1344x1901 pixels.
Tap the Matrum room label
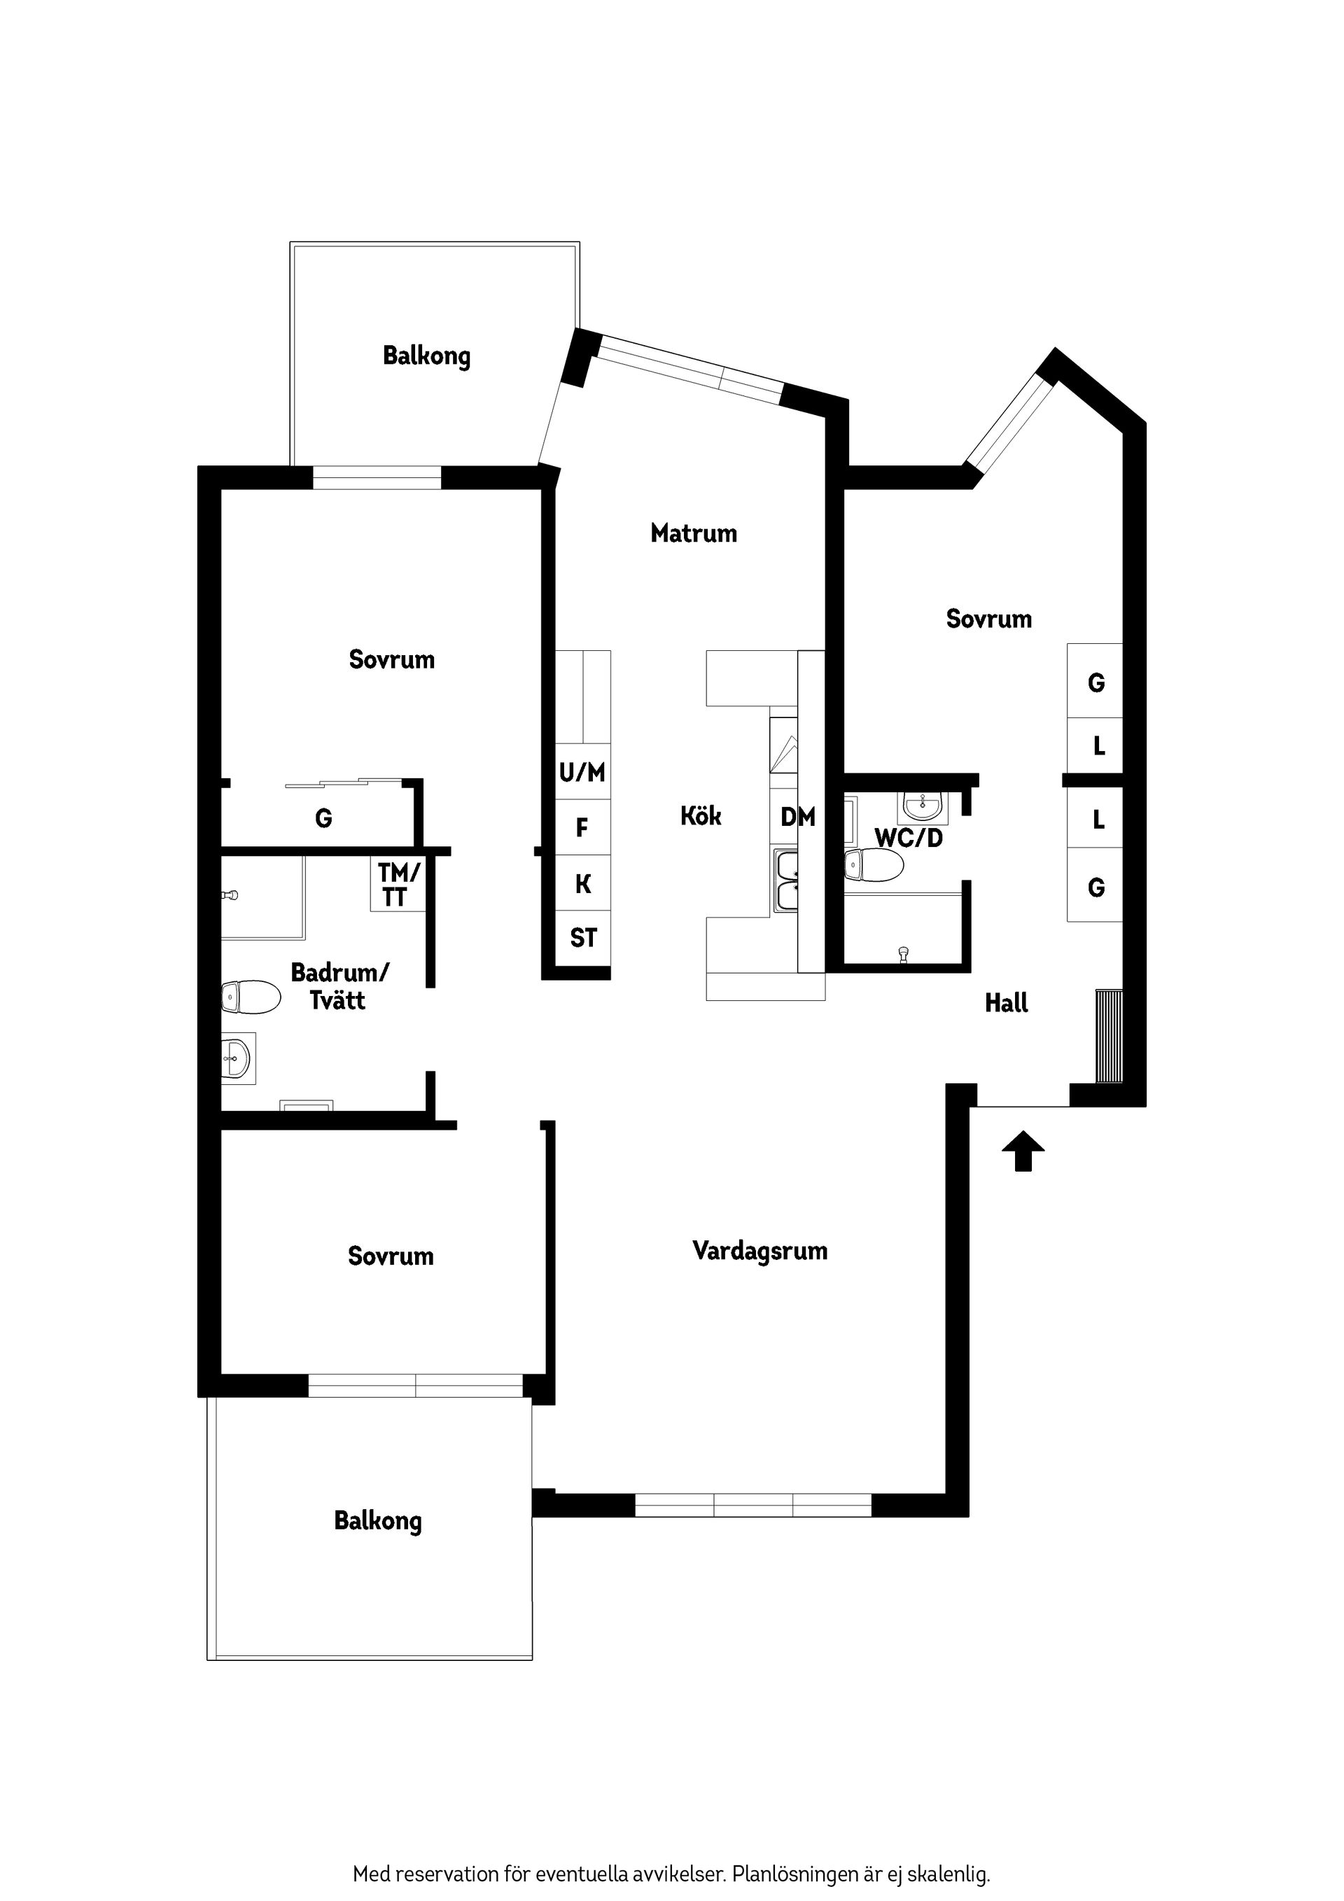[x=694, y=533]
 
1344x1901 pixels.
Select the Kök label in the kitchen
[x=701, y=816]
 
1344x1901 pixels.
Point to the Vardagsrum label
[x=760, y=1251]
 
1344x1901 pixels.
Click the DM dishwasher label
[x=798, y=818]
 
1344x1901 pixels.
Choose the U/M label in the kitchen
[x=582, y=773]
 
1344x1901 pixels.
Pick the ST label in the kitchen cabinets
[x=583, y=938]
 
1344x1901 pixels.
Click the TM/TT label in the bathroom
[x=398, y=884]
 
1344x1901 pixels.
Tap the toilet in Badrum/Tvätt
[x=251, y=997]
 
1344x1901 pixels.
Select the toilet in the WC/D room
[x=874, y=865]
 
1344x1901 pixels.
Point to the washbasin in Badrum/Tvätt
[x=239, y=1058]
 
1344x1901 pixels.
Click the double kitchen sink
[x=787, y=881]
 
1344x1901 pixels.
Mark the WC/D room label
[x=909, y=837]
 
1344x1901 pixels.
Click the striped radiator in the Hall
[x=1109, y=1036]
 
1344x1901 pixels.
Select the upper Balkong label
[x=426, y=356]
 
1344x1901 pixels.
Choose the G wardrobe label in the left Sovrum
[x=324, y=819]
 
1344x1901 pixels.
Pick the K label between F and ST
[x=583, y=883]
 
